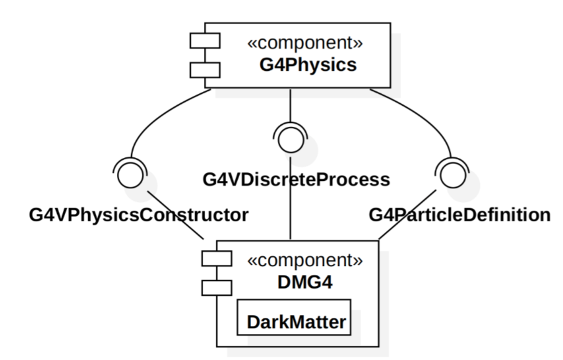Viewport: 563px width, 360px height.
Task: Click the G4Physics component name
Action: tap(308, 65)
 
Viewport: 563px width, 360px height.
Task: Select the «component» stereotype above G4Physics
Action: tap(305, 42)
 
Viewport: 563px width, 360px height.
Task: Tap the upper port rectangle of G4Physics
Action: tap(205, 40)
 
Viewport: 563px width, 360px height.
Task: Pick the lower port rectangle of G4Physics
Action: tap(205, 70)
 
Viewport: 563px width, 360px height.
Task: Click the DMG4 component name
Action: tap(305, 282)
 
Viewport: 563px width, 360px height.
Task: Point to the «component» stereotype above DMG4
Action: tap(305, 260)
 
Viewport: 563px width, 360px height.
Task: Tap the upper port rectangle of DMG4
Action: tap(217, 259)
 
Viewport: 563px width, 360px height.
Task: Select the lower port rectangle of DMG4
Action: tap(217, 288)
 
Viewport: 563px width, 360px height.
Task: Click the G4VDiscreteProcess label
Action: tap(296, 179)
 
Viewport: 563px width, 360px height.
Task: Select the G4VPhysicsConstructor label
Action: tap(139, 215)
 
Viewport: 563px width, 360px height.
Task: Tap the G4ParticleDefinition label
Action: tap(460, 215)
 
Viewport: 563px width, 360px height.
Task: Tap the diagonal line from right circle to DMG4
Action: tap(408, 215)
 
